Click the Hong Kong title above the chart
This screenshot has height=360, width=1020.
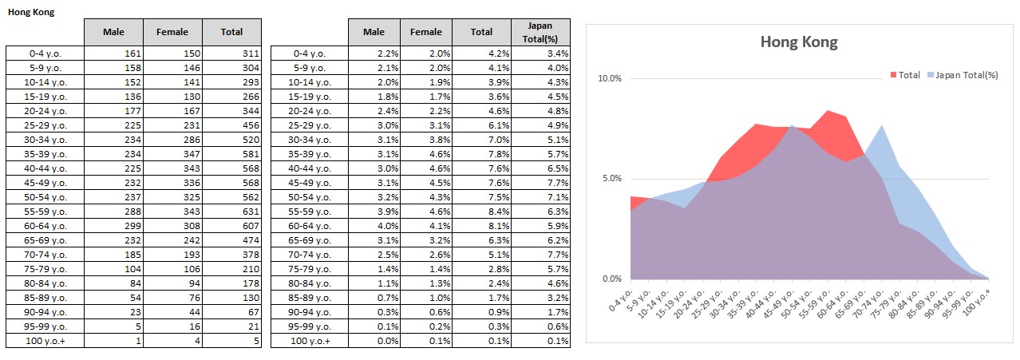click(799, 42)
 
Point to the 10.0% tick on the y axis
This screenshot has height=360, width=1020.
click(609, 78)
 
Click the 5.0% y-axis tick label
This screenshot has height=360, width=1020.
click(611, 179)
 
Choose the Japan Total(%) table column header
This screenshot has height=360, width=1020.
click(540, 32)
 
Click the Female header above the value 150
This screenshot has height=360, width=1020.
click(172, 32)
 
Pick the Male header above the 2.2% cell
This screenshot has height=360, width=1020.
click(374, 32)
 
